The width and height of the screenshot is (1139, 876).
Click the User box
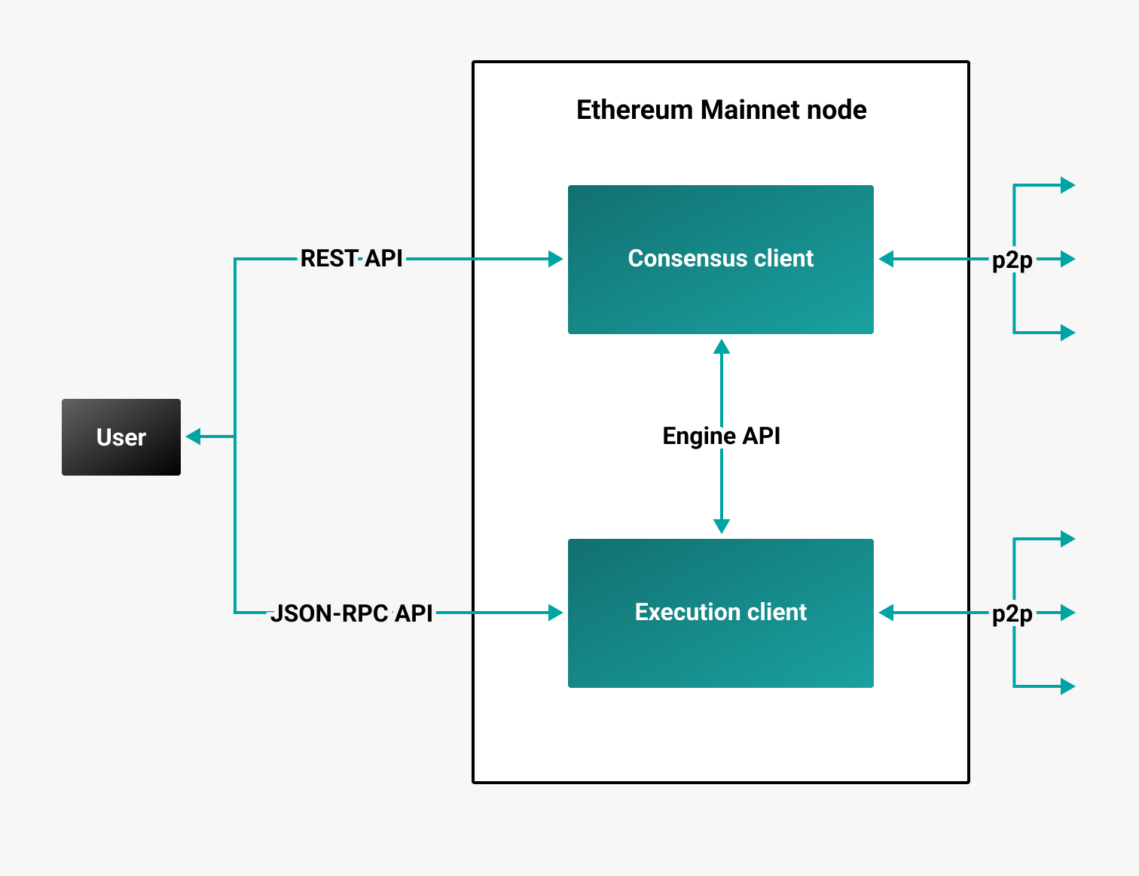(121, 437)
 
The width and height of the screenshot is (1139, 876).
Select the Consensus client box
(721, 259)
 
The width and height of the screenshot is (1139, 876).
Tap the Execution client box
(721, 613)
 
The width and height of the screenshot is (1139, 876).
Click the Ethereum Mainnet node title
(721, 110)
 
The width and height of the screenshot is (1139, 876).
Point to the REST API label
(351, 259)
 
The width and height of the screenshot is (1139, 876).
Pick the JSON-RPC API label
(351, 613)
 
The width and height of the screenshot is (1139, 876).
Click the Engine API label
(721, 436)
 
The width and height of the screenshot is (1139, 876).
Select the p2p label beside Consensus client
(1012, 260)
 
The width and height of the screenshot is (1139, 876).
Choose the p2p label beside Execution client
(1012, 614)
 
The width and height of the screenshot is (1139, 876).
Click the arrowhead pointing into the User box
(194, 436)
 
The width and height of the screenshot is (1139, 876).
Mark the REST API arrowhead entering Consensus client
(556, 259)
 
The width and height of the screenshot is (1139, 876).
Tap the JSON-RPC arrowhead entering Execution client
(556, 613)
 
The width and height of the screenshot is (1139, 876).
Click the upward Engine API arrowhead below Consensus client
(722, 346)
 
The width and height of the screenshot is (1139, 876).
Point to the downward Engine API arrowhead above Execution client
(722, 526)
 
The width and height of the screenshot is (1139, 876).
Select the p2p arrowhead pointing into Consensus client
(887, 259)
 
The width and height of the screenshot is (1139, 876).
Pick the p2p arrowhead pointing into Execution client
(887, 613)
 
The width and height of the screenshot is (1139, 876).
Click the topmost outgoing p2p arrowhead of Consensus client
(1067, 185)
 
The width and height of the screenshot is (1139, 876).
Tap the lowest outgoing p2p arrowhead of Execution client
(1067, 686)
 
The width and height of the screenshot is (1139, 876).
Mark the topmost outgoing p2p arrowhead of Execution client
(1067, 539)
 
